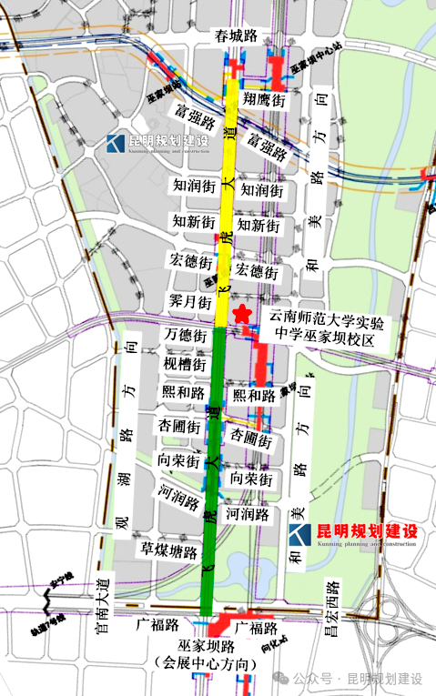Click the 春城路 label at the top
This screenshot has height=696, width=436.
point(235,36)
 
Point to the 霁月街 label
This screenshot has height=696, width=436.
point(190,300)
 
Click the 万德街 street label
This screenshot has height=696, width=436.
point(185,335)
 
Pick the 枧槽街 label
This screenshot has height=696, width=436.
point(185,365)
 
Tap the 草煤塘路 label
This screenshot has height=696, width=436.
point(169,551)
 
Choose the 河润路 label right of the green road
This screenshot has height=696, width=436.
point(248,514)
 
